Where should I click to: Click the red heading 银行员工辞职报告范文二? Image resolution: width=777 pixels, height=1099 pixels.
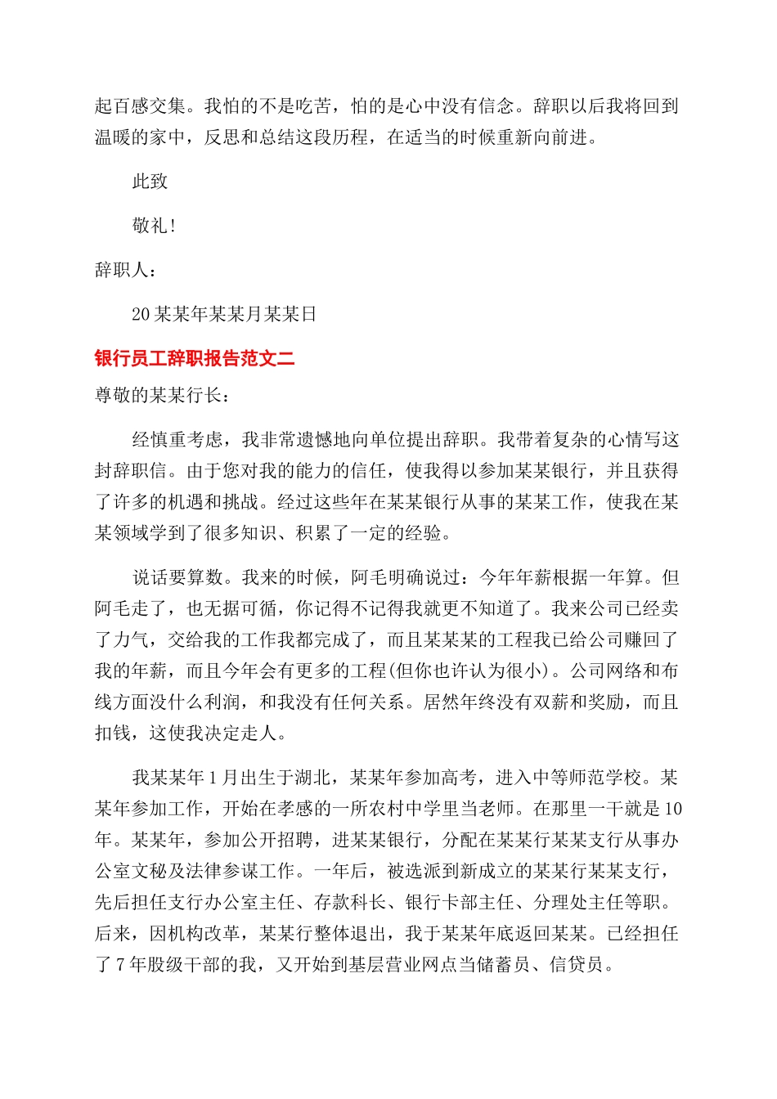click(195, 358)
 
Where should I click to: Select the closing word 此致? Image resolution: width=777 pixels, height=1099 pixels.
click(150, 182)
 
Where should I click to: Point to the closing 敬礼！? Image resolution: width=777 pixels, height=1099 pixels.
click(154, 226)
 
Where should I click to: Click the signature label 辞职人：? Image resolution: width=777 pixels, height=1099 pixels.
click(126, 270)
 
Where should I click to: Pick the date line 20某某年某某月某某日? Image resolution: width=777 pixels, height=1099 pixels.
click(224, 314)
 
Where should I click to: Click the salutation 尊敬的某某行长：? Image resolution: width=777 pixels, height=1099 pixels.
click(163, 395)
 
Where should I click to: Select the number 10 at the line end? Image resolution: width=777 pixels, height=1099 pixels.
click(672, 809)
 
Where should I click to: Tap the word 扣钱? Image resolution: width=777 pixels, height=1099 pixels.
click(113, 733)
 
